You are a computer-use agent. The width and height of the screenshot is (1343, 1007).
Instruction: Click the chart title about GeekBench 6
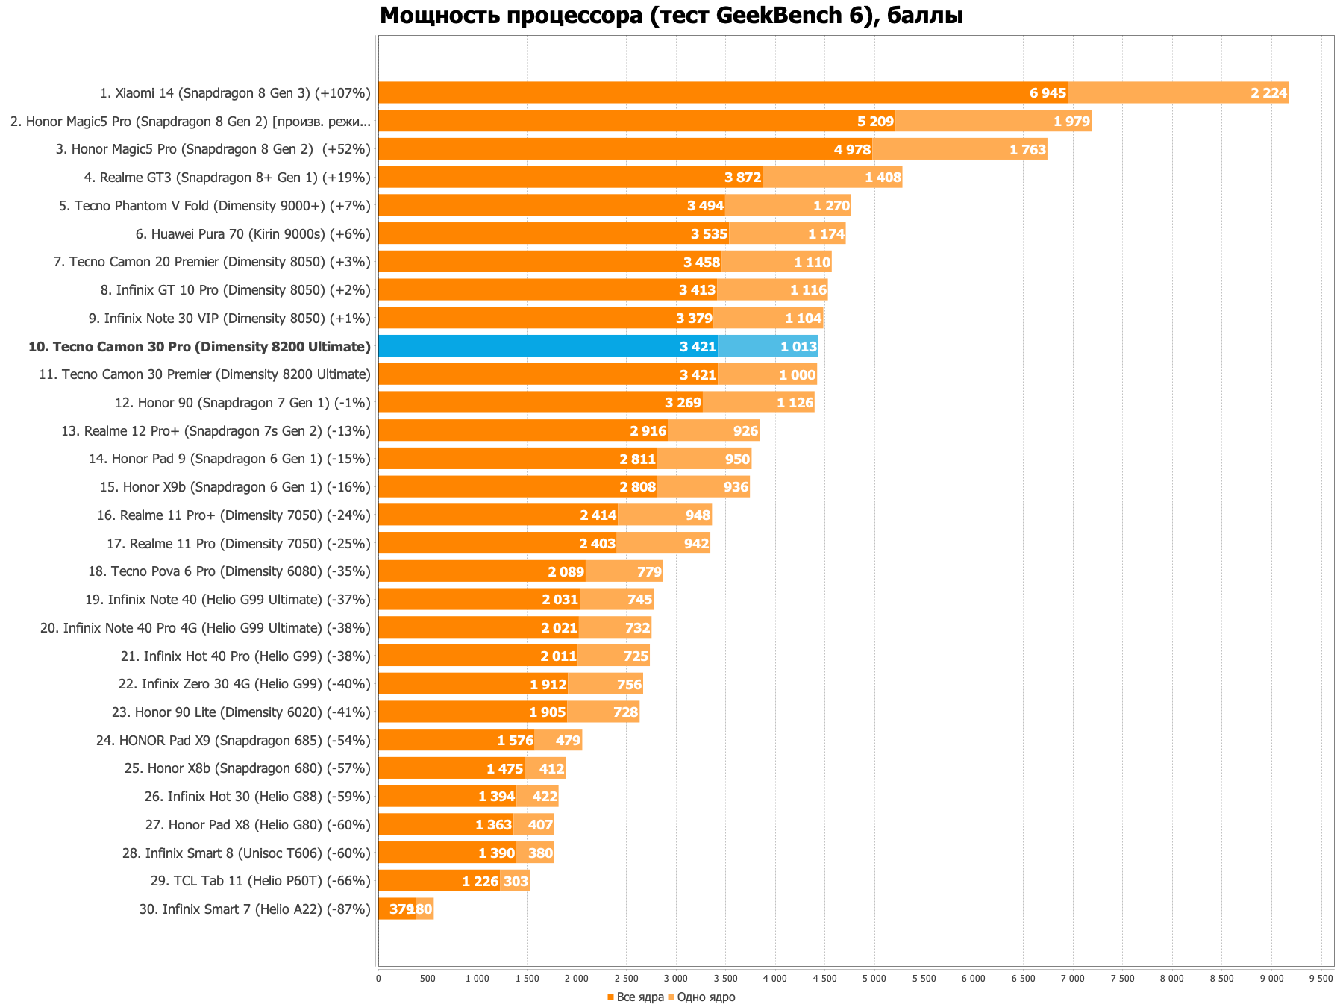pos(671,16)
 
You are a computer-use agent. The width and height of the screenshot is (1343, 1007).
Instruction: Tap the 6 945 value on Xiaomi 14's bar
pos(1048,93)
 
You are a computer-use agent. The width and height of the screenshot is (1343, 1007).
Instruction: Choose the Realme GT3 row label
pos(227,178)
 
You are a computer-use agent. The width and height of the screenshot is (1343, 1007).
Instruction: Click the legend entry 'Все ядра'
pos(635,997)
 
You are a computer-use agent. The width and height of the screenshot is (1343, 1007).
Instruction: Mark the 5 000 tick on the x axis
pos(874,978)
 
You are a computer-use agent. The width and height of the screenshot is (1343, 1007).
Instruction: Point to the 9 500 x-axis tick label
pos(1321,978)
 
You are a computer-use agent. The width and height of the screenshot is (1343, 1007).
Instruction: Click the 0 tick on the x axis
pos(378,978)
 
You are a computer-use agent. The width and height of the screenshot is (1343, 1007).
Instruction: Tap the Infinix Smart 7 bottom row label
pos(254,909)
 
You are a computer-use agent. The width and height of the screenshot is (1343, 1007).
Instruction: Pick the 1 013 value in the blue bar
pos(799,346)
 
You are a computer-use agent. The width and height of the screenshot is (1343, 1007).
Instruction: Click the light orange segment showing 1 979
pos(992,121)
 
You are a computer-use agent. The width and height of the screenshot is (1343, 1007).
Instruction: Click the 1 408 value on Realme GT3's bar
pos(883,178)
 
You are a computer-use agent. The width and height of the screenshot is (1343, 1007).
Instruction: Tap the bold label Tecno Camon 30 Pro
pos(199,347)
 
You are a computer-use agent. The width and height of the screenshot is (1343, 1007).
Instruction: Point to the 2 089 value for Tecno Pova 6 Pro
pos(566,572)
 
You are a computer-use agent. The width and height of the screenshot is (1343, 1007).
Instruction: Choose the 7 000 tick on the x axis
pos(1073,978)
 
